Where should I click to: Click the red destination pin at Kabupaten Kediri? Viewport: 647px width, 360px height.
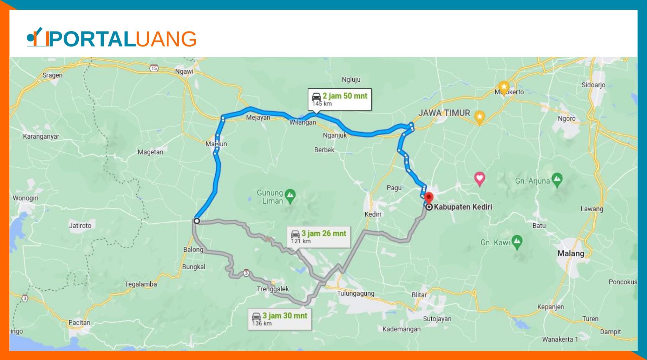[429, 197]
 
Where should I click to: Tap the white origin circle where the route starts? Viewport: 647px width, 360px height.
[197, 221]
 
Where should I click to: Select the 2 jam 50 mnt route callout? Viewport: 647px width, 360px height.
[340, 99]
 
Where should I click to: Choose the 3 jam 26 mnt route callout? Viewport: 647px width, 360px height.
[318, 236]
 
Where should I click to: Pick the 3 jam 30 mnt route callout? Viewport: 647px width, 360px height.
[280, 319]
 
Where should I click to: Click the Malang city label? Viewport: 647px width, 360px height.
[571, 254]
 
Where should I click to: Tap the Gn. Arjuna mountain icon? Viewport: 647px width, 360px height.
[557, 180]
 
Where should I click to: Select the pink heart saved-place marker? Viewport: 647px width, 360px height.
[480, 178]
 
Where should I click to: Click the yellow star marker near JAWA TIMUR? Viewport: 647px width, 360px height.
[480, 118]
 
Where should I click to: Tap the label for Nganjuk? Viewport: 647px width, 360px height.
[335, 136]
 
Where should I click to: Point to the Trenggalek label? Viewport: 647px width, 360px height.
[273, 289]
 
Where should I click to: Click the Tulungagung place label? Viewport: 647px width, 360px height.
[355, 294]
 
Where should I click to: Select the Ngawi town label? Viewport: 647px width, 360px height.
[184, 71]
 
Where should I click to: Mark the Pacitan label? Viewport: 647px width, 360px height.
[79, 322]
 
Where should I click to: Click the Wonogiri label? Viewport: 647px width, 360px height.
[25, 198]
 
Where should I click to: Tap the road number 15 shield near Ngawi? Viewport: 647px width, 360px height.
[154, 68]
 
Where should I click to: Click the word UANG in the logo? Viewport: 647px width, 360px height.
[166, 39]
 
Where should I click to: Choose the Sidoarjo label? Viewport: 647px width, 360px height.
[593, 85]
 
